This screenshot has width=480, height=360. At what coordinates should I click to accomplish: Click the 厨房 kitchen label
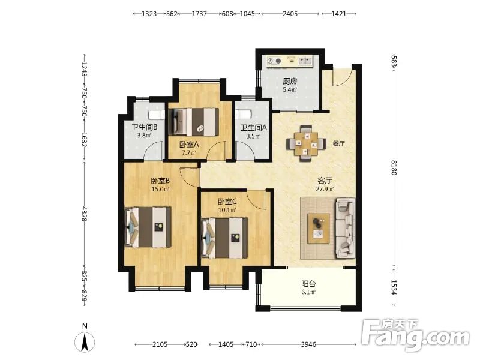pyautogui.click(x=290, y=81)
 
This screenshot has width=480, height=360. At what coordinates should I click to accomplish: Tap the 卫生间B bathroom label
pyautogui.click(x=145, y=127)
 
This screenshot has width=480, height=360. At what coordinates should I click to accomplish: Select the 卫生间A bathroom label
pyautogui.click(x=253, y=128)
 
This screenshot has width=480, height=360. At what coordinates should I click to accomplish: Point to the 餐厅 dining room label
pyautogui.click(x=338, y=143)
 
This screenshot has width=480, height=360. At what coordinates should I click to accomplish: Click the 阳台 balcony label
pyautogui.click(x=308, y=284)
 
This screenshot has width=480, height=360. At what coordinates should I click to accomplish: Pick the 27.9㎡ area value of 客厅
pyautogui.click(x=325, y=189)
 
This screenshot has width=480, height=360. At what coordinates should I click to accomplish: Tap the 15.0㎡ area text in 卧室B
pyautogui.click(x=160, y=189)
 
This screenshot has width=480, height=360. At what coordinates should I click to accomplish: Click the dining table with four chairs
pyautogui.click(x=306, y=143)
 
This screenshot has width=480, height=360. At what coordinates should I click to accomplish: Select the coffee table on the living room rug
pyautogui.click(x=319, y=229)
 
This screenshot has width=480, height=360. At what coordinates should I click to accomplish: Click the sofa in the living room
pyautogui.click(x=346, y=228)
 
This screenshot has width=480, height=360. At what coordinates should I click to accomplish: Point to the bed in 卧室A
pyautogui.click(x=194, y=122)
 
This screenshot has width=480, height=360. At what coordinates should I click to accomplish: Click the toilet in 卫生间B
pyautogui.click(x=157, y=115)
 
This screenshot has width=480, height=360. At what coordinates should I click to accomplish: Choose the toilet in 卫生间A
pyautogui.click(x=243, y=114)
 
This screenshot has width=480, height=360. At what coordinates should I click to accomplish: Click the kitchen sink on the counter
pyautogui.click(x=305, y=61)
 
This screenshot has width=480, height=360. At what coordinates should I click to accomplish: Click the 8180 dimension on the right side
pyautogui.click(x=394, y=167)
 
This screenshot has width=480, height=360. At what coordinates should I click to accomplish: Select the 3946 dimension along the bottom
pyautogui.click(x=308, y=344)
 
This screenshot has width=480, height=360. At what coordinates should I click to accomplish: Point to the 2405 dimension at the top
pyautogui.click(x=290, y=14)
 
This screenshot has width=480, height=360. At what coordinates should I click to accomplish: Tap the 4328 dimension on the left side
pyautogui.click(x=84, y=214)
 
